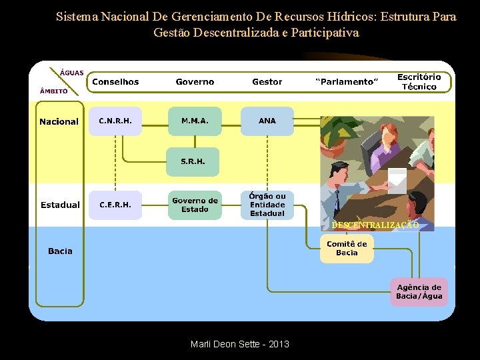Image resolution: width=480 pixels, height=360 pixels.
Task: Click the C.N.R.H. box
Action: coord(115,121)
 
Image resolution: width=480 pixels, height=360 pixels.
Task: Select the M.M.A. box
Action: coord(194,121)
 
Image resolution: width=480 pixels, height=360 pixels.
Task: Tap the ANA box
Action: coord(267,121)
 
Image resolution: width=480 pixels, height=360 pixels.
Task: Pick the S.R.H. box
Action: coord(193,161)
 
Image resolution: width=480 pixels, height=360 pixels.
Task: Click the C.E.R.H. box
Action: coord(115,205)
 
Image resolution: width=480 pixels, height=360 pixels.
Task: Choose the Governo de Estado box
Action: coord(195,205)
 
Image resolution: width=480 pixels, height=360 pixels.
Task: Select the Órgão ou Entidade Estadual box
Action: coord(267,205)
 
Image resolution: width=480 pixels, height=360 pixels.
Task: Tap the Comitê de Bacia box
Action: coord(347,248)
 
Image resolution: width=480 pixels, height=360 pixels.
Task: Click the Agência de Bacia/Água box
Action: coord(419,291)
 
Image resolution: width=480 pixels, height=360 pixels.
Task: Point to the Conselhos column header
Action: coord(115,81)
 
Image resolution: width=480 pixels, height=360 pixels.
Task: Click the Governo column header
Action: coord(195,81)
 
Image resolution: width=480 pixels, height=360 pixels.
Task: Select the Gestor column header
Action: coord(267,81)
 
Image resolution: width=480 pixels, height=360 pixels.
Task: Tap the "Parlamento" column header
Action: coord(347,81)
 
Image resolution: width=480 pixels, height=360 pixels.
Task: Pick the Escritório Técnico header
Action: coord(419,81)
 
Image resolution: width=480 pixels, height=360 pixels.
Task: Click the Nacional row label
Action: coord(59,121)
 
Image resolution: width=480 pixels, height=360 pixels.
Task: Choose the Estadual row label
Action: coord(60,205)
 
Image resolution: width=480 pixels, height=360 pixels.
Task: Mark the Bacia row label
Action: coord(60,251)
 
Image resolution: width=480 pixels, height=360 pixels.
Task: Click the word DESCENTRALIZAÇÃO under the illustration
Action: coord(375,225)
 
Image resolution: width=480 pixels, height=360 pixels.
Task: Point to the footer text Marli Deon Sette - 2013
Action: coord(239,344)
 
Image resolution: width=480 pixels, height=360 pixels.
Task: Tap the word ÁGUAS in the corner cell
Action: coord(72,72)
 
